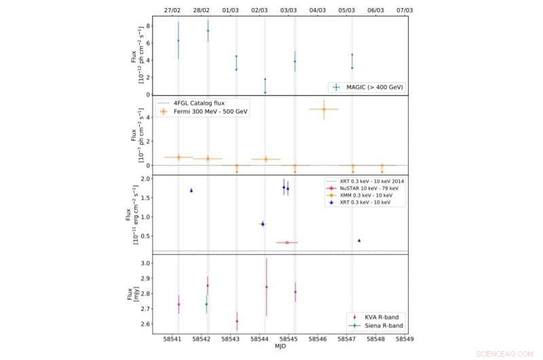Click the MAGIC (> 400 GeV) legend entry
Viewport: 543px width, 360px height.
coord(370,87)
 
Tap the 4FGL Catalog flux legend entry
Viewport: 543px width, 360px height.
coord(197,103)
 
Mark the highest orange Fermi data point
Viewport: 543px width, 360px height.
coord(324,109)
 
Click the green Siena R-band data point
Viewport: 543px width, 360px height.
coord(206,304)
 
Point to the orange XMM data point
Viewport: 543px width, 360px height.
coord(287,242)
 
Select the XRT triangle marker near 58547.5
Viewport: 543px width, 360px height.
coord(359,240)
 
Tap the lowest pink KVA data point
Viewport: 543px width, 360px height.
coord(237,321)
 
